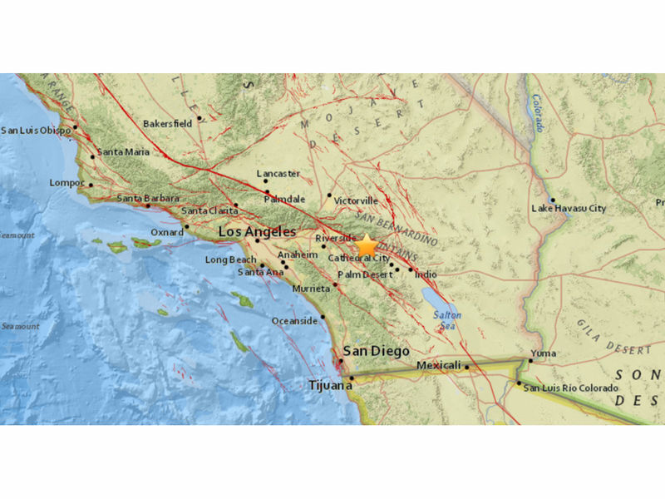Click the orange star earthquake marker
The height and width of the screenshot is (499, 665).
[367, 245]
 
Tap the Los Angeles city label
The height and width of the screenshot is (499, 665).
[257, 232]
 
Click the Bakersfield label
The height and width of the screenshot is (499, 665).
[168, 123]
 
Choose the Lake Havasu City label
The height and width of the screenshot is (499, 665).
[569, 208]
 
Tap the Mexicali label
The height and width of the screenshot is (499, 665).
[438, 366]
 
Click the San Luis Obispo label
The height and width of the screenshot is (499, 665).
[35, 130]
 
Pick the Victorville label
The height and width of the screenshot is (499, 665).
[356, 201]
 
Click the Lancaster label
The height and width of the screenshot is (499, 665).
[277, 174]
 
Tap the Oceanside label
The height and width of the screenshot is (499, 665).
[295, 321]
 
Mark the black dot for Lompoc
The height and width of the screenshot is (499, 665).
[91, 185]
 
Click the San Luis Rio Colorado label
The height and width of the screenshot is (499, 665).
[571, 388]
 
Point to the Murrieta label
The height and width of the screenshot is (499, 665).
[311, 289]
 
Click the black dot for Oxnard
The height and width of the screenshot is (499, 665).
[187, 226]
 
